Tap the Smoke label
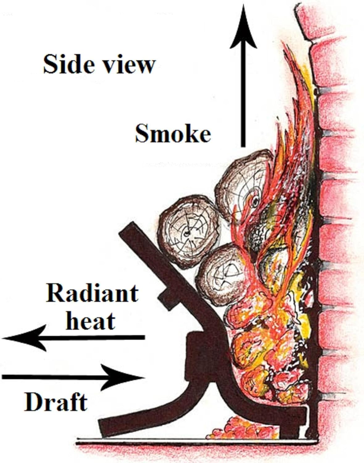pos(173,134)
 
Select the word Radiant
pos(92,293)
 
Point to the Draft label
pos(56,402)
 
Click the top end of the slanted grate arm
pos(130,228)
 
